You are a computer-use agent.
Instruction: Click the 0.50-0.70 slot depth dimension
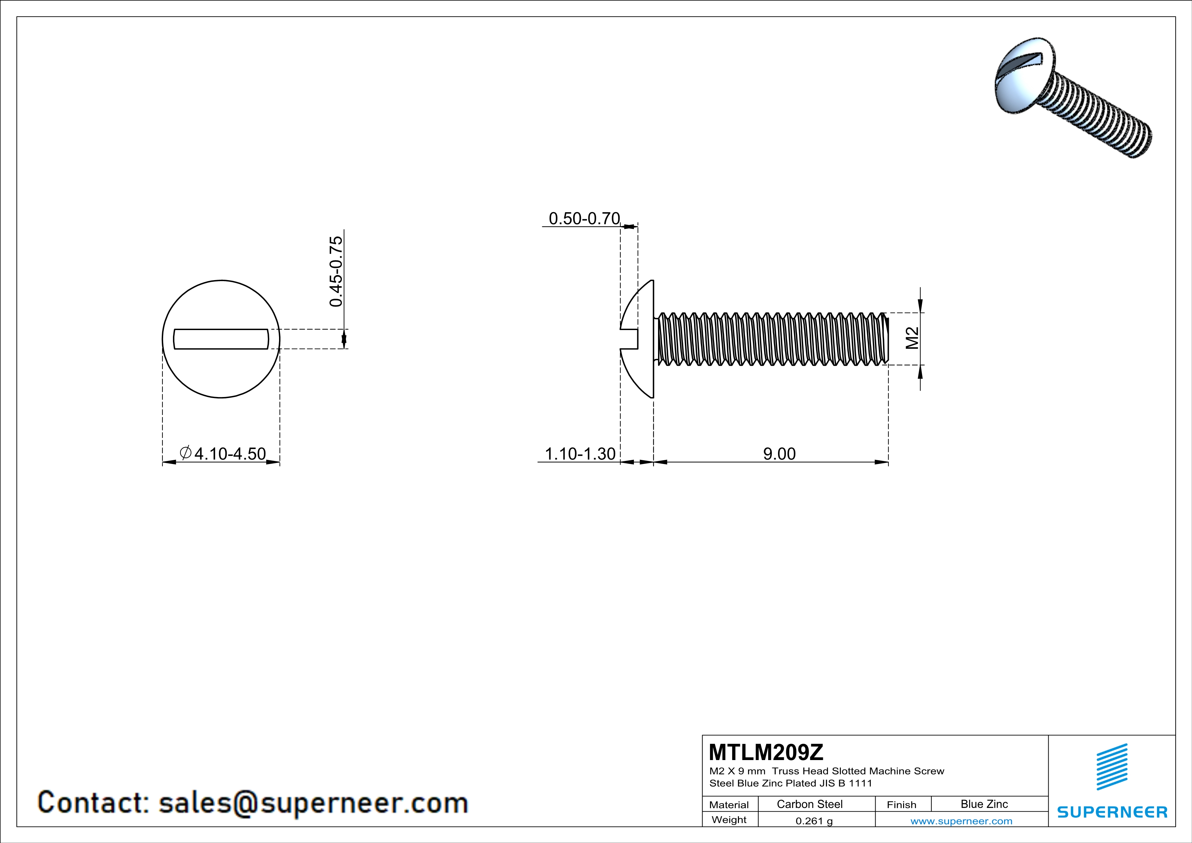[x=584, y=219]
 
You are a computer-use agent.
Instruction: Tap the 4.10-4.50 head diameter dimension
[x=229, y=454]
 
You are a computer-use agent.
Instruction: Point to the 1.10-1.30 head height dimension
[x=580, y=454]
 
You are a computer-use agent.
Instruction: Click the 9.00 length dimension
[x=779, y=454]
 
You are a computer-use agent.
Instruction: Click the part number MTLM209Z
[x=766, y=752]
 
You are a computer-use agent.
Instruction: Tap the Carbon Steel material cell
[x=809, y=804]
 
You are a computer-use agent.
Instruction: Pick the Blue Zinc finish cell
[x=984, y=804]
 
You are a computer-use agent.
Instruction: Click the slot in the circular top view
[x=221, y=339]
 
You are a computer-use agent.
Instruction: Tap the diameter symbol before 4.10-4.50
[x=185, y=453]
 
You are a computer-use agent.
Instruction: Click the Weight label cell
[x=729, y=820]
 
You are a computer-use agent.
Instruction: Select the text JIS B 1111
[x=846, y=783]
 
